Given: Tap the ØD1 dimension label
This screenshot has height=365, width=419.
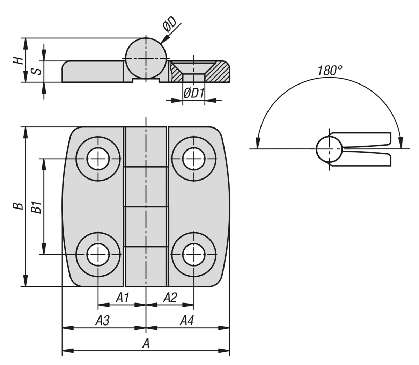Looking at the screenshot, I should (193, 93).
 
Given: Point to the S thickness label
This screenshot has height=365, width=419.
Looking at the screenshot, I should (37, 71).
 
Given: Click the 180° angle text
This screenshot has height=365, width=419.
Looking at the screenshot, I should (329, 71).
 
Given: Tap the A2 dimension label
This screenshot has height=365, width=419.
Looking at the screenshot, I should (170, 298).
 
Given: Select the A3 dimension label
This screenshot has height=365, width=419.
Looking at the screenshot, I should (103, 321).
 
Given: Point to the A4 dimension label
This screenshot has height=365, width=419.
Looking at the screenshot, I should (187, 321).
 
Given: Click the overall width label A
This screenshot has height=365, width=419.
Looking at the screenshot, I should (146, 344).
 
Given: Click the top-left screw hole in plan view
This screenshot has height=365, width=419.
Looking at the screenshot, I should (98, 159).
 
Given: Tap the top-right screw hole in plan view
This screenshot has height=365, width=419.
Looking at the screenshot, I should (193, 159).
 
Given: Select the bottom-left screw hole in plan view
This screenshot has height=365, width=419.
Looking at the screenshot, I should (98, 255).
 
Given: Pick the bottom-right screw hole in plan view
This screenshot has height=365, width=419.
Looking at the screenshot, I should (193, 255).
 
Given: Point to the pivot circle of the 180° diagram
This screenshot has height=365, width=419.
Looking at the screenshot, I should (329, 149).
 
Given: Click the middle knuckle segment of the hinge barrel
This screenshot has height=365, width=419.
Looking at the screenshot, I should (146, 187).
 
